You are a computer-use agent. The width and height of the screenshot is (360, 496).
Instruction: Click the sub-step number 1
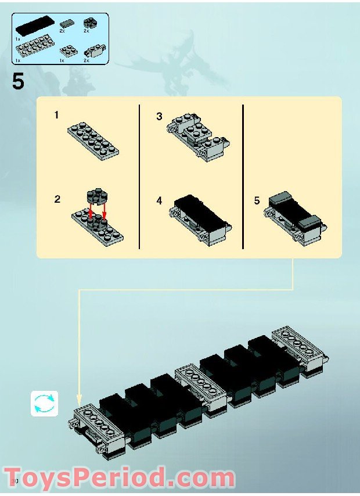[56, 115]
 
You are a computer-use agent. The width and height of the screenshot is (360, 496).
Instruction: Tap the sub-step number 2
[57, 199]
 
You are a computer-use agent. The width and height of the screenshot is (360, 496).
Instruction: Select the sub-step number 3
[159, 116]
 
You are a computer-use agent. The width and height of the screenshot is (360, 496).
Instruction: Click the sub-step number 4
[159, 201]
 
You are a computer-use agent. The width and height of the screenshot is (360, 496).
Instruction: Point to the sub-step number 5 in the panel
[257, 201]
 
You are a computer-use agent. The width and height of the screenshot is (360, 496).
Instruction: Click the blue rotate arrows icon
[45, 402]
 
